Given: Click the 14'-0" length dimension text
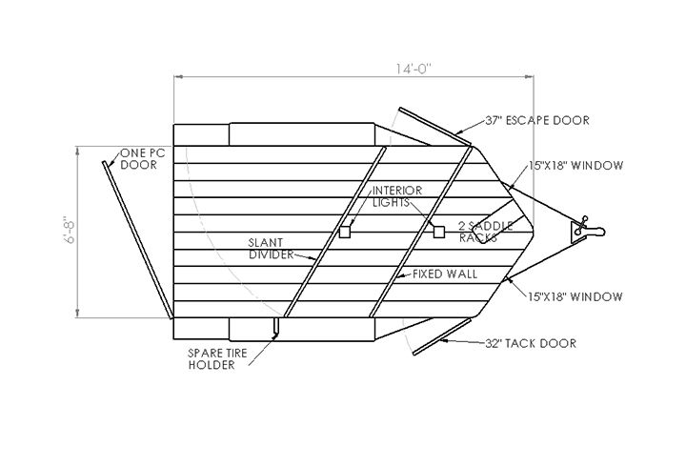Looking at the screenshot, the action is click(414, 70).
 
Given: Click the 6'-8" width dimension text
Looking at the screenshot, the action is click(70, 230).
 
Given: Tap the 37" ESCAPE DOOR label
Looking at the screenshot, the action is click(537, 120).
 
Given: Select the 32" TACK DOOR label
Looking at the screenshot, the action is click(531, 343).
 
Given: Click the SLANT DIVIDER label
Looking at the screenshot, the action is click(272, 249).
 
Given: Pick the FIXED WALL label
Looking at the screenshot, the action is click(445, 274).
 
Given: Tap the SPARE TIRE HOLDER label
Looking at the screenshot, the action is click(217, 359).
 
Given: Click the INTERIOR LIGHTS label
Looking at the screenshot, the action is click(397, 196).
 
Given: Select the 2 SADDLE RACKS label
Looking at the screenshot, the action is click(486, 232).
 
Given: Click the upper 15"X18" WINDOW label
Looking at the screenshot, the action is click(575, 166).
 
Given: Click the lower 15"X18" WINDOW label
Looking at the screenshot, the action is click(575, 296).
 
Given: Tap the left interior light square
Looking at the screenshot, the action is click(345, 232).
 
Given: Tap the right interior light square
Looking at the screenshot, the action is click(439, 232).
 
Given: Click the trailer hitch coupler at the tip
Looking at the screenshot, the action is click(588, 230).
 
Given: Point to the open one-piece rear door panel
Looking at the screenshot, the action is click(137, 240).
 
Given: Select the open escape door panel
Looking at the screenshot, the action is click(434, 127).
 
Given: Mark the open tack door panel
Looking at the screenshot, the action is click(442, 336).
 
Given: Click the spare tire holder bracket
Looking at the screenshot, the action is click(275, 328).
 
